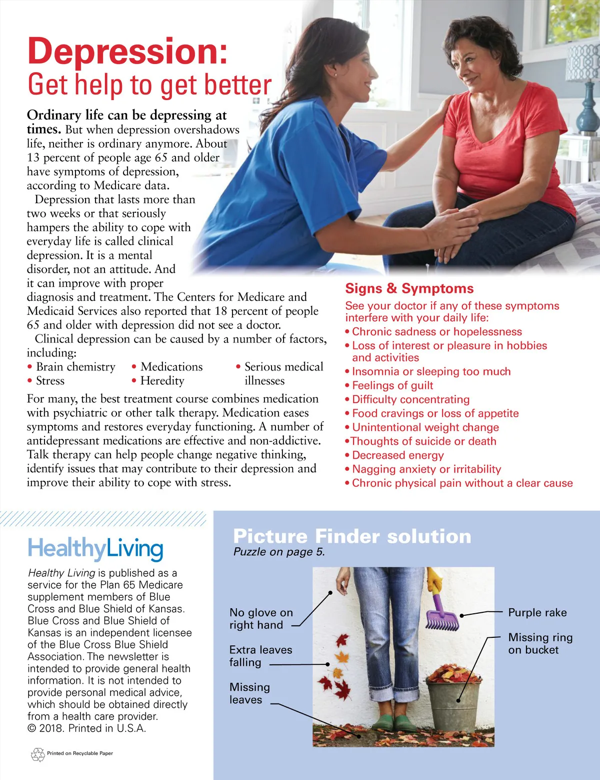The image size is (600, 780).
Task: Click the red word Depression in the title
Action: tap(127, 51)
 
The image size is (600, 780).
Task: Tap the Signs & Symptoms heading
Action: tap(409, 288)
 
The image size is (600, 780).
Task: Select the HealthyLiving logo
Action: tap(95, 549)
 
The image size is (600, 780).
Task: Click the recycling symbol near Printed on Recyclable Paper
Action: tap(38, 754)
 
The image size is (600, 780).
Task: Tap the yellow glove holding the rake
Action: tap(434, 579)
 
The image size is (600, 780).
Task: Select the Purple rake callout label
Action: tap(537, 612)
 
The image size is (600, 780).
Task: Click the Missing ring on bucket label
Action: tap(540, 643)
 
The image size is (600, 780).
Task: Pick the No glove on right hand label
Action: tap(261, 619)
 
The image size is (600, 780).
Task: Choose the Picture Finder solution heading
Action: tap(352, 536)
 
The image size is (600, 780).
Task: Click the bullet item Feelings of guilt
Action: tap(392, 385)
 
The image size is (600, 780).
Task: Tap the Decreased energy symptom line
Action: tap(397, 455)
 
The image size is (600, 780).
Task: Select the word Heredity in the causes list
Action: tap(162, 380)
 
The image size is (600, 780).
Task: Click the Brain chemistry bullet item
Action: tap(75, 366)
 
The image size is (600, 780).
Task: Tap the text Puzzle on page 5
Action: tap(279, 552)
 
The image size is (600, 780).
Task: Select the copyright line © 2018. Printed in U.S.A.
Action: tap(87, 728)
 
